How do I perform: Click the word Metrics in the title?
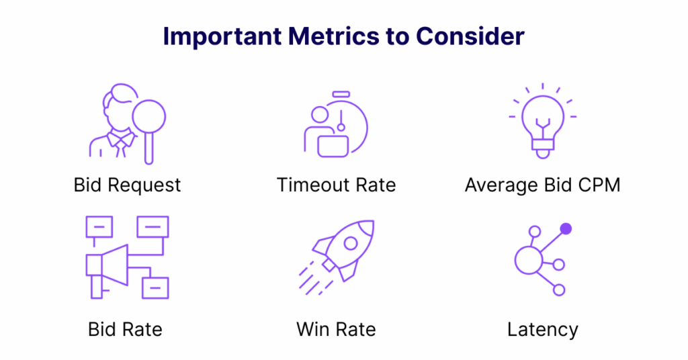point(333,36)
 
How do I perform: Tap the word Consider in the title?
point(470,36)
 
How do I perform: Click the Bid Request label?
point(127,185)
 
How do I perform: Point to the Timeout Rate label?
point(336,185)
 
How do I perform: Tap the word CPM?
point(599,185)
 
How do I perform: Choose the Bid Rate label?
point(125,329)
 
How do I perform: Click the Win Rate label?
point(336,329)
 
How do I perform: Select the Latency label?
point(543,330)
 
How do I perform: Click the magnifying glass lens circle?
point(149,101)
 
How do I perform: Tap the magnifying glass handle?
point(149,148)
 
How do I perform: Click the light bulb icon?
point(543,121)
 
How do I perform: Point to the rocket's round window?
point(351,243)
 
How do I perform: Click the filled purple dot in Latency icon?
point(566,229)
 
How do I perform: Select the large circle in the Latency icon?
point(529,260)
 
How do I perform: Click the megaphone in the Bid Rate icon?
point(107,265)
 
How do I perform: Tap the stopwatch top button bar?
point(341,94)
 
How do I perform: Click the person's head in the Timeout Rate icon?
point(320,115)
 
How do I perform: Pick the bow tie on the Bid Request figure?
point(121,140)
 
